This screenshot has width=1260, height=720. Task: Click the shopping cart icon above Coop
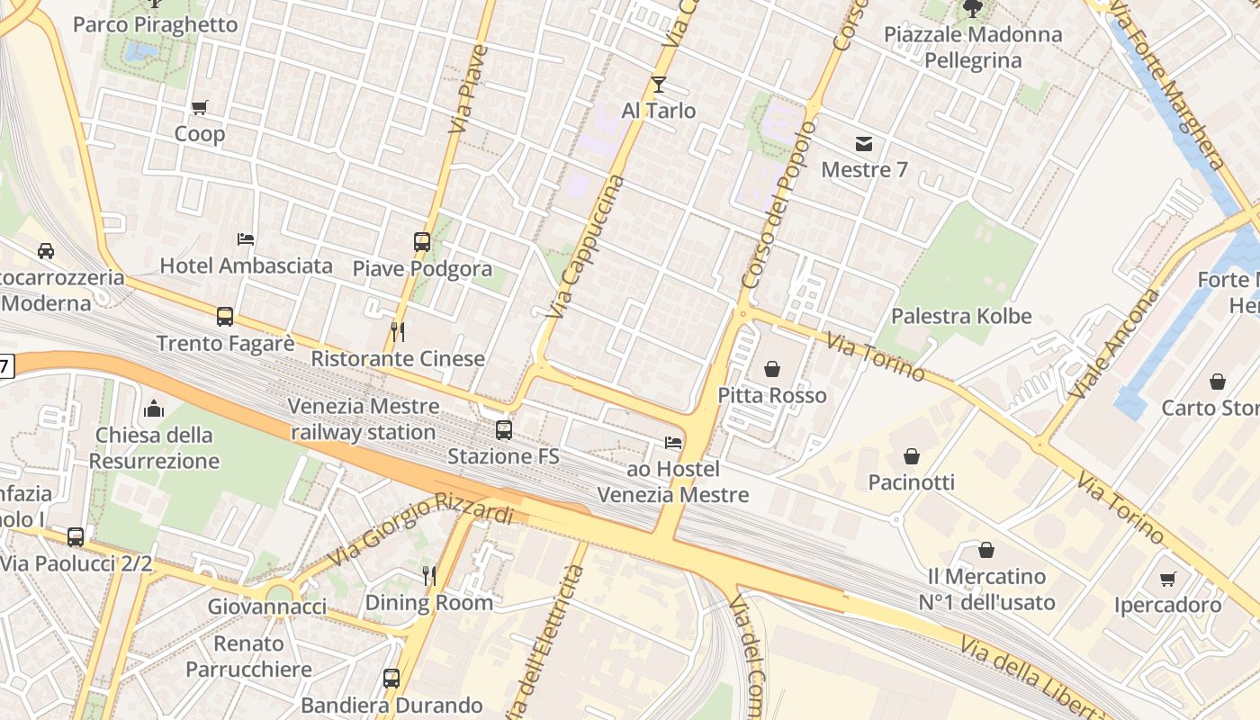(200, 108)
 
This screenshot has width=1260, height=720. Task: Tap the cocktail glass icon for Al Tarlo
(659, 85)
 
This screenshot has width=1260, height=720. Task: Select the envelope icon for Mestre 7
(864, 144)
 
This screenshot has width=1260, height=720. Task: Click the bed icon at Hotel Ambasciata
(246, 239)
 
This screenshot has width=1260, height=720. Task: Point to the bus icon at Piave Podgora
(422, 241)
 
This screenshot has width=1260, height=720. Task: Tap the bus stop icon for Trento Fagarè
(225, 317)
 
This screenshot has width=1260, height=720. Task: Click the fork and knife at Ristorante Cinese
(398, 332)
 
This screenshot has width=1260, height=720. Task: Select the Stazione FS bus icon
(504, 430)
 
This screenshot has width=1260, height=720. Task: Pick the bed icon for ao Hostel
(672, 443)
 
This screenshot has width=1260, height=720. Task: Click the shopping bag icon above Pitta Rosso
(772, 369)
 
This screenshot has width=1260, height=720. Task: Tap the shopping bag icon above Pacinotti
(912, 456)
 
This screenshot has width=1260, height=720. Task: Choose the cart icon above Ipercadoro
(1167, 579)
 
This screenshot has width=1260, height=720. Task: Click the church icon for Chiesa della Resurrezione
(154, 409)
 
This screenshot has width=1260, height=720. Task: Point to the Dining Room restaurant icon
(429, 576)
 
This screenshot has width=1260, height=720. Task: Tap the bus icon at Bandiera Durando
(391, 679)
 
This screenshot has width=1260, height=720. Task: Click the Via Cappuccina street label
(586, 247)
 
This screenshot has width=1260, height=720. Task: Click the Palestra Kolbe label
(960, 317)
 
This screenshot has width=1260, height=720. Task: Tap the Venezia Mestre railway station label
(364, 419)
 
